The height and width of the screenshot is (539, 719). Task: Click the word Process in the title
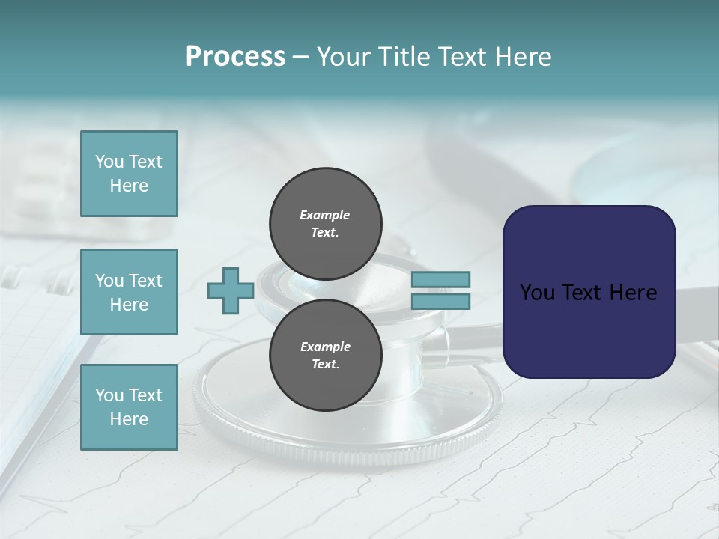coord(235,57)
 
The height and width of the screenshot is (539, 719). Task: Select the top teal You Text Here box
coord(129,174)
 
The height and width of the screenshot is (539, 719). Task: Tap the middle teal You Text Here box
coord(129,292)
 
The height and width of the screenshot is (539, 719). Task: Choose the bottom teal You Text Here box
coord(129,407)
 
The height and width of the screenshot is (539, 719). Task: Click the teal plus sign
coord(231,291)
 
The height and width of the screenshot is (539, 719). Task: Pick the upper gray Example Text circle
coord(325,223)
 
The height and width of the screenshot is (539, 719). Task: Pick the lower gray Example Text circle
coord(325,355)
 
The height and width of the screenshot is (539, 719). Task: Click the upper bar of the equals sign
coord(440,280)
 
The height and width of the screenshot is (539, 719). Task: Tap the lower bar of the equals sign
coord(440,302)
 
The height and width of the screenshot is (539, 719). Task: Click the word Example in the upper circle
coord(325,215)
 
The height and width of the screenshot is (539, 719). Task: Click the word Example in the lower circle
coord(325,347)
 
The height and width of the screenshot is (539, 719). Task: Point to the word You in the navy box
coord(537,293)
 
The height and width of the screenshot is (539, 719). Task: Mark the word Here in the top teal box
coord(129,186)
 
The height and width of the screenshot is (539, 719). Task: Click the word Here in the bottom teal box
coord(129,419)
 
